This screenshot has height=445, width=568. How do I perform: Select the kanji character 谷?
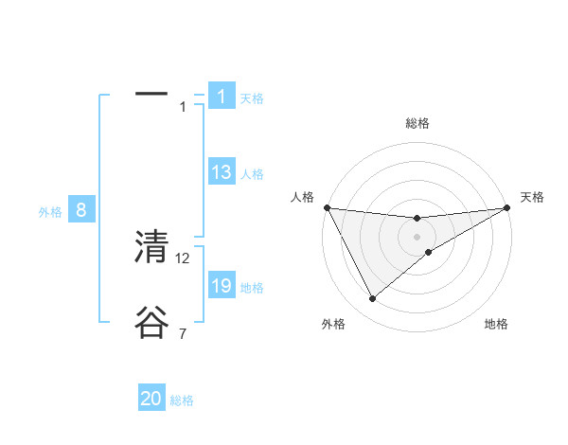151,322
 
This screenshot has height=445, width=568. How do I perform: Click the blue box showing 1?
221,97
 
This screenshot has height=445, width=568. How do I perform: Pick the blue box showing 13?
221,172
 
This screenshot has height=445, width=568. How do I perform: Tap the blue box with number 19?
221,286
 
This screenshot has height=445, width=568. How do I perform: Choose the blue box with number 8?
81,210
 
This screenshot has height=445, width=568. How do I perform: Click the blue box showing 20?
151,400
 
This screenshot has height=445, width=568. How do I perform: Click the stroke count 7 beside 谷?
183,334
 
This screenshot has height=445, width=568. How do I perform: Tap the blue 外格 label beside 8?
50,212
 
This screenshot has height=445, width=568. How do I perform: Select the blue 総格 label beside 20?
182,401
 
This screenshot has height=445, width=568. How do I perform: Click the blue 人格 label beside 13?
252,174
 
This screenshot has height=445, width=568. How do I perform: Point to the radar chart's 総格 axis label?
417,123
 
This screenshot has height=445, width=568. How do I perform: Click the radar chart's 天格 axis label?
533,197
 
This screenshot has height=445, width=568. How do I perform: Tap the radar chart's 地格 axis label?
496,325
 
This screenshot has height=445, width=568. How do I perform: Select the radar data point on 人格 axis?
327,207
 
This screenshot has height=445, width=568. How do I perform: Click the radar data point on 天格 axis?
506,207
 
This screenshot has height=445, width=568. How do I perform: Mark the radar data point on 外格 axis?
372,299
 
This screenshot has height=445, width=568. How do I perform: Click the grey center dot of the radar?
417,237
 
